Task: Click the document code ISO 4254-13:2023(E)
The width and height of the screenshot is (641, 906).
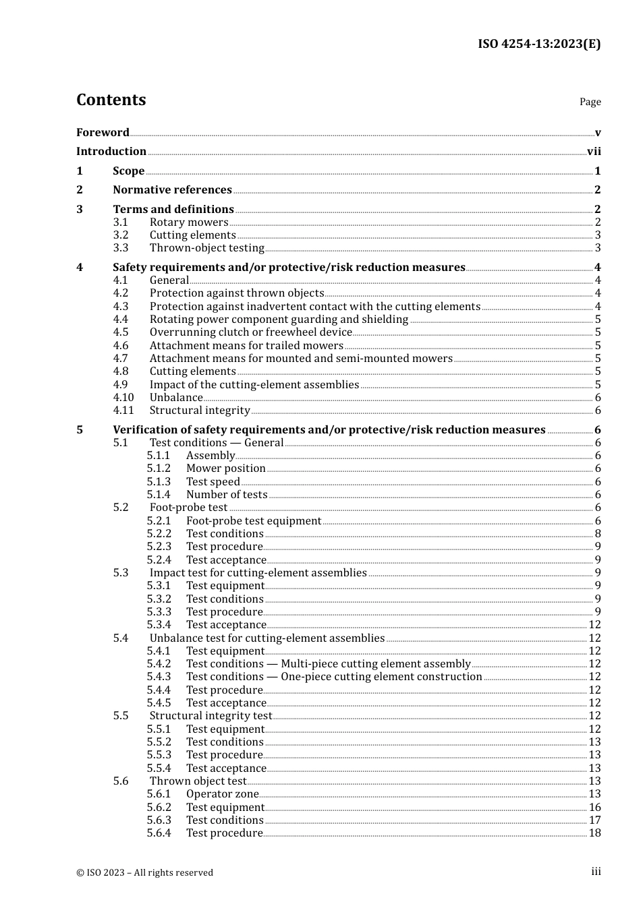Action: [x=539, y=44]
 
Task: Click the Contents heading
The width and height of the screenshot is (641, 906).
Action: [x=111, y=100]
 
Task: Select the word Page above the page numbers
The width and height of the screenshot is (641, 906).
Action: [x=590, y=102]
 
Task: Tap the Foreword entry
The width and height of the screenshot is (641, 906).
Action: [x=103, y=132]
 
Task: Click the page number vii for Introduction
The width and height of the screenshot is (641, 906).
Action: [x=594, y=152]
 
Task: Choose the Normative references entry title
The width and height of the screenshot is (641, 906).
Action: [x=172, y=190]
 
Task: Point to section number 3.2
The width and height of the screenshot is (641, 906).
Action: [x=121, y=235]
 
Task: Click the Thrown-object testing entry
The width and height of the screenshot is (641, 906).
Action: [x=206, y=248]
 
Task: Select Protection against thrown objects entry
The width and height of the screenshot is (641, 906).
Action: [x=237, y=293]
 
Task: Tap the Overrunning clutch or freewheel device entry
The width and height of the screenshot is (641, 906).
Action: [x=250, y=332]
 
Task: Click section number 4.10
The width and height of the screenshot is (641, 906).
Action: [x=123, y=398]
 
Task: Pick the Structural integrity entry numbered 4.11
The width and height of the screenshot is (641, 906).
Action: [x=200, y=411]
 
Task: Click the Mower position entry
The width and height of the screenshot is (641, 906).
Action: [x=225, y=469]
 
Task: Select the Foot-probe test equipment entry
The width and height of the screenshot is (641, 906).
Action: [x=254, y=521]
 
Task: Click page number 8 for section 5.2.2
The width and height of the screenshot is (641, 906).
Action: [x=598, y=534]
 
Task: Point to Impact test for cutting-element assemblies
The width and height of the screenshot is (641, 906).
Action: [x=258, y=573]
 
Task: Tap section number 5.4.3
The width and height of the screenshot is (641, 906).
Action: [x=159, y=677]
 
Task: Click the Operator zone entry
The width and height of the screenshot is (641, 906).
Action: [x=222, y=794]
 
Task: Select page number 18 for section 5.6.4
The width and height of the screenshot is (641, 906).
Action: [x=594, y=833]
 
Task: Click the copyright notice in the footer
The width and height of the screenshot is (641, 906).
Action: [x=144, y=872]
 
